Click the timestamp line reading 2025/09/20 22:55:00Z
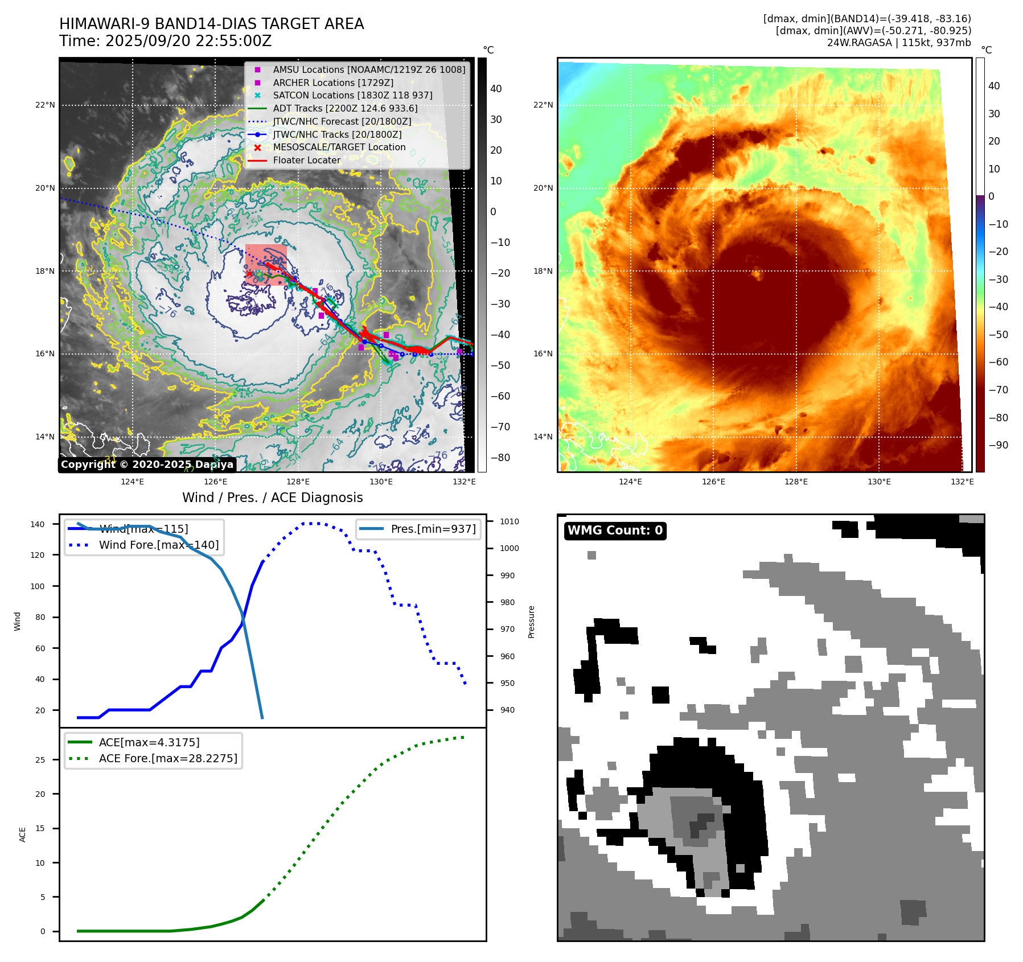tap(165, 42)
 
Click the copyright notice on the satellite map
tap(147, 464)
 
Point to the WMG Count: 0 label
tap(615, 531)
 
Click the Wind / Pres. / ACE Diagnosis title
tap(272, 498)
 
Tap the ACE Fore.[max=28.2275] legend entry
tap(167, 758)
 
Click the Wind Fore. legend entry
tap(158, 545)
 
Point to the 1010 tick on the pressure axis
tap(509, 521)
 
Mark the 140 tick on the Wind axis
tap(38, 524)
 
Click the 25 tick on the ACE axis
tap(40, 760)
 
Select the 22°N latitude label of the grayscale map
tap(45, 105)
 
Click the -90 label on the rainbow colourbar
tap(998, 445)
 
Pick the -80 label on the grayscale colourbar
tap(500, 458)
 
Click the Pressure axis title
tap(531, 622)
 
